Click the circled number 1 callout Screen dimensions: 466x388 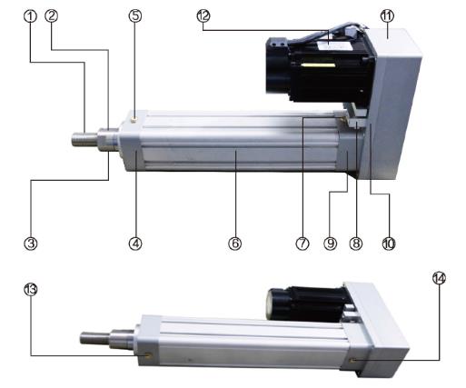tap(30, 16)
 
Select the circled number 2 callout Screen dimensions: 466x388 tap(52, 15)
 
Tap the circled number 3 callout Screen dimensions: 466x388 tap(31, 244)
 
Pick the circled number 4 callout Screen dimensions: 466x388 tap(135, 244)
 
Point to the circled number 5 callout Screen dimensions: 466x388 tap(135, 15)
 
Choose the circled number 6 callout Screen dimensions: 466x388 tap(235, 244)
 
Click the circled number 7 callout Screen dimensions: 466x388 tap(302, 244)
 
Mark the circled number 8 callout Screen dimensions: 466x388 tap(356, 244)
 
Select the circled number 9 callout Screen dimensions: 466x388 tap(331, 244)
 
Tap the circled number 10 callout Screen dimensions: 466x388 tap(389, 244)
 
